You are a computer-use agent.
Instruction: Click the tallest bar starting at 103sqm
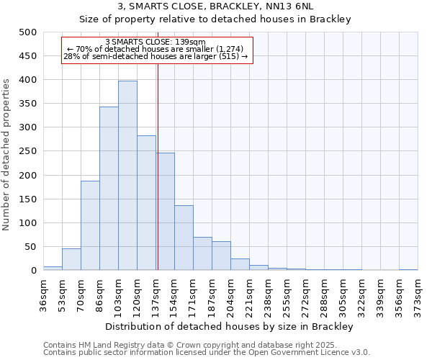tap(127, 176)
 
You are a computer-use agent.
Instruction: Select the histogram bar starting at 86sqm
tap(109, 189)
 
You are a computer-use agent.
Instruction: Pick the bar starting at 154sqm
tap(184, 238)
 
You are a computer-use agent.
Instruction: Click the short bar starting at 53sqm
tap(71, 259)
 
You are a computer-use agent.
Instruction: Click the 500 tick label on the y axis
tap(27, 32)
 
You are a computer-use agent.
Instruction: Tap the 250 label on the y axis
tap(27, 151)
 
